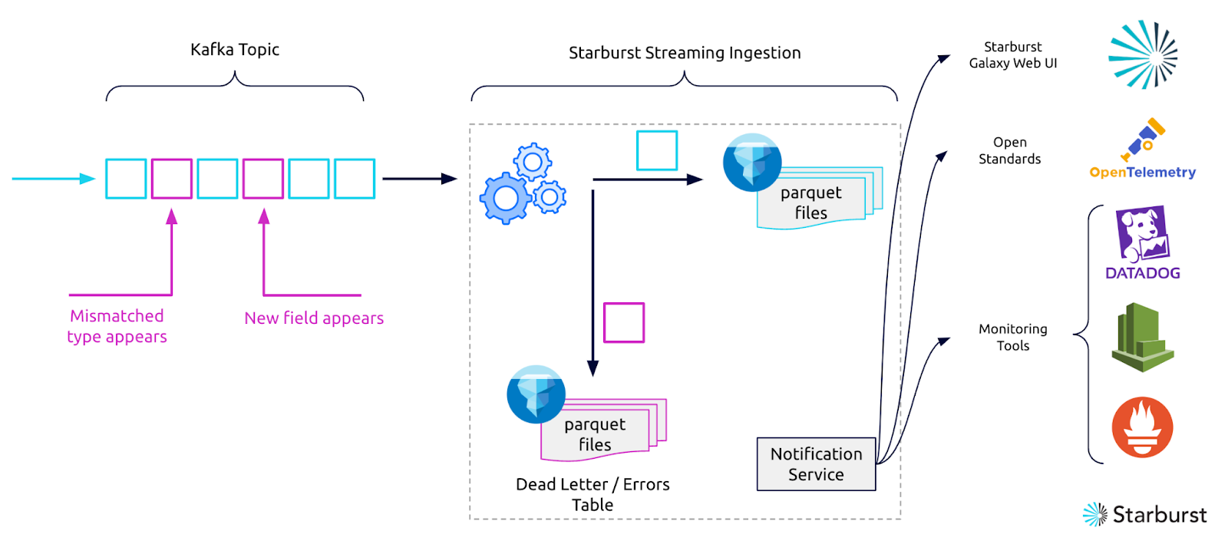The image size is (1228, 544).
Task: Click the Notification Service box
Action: [x=816, y=464]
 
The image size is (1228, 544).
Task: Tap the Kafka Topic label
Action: [x=235, y=50]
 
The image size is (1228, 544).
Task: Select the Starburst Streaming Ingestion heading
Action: [x=685, y=53]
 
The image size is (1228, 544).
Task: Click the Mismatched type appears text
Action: [x=117, y=326]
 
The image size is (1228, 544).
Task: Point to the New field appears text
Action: [x=314, y=318]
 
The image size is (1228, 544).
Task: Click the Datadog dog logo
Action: [x=1143, y=234]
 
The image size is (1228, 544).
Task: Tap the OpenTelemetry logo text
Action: [x=1142, y=173]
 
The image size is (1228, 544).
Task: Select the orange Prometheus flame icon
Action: [x=1142, y=427]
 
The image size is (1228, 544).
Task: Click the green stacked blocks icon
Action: [x=1142, y=338]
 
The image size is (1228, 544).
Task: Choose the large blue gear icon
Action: [x=506, y=198]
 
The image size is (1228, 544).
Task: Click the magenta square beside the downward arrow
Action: [x=623, y=322]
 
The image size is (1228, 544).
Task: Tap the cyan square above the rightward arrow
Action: [x=657, y=150]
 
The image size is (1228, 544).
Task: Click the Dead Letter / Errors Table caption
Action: [x=593, y=494]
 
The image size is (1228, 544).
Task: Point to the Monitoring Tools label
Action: [x=1012, y=337]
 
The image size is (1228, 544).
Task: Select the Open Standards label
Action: [x=1009, y=150]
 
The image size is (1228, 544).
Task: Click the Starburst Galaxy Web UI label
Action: [x=1012, y=55]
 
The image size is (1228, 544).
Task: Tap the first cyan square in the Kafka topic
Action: [x=126, y=179]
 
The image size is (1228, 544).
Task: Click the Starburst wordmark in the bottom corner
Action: [x=1159, y=515]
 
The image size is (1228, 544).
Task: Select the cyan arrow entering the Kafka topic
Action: [x=54, y=179]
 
